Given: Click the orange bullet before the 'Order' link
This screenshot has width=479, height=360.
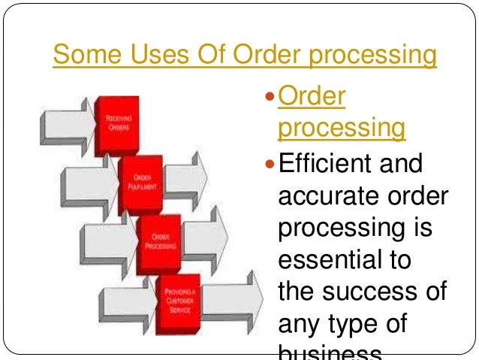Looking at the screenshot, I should tap(271, 96).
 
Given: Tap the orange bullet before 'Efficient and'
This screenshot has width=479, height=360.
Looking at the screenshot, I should tap(271, 163).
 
